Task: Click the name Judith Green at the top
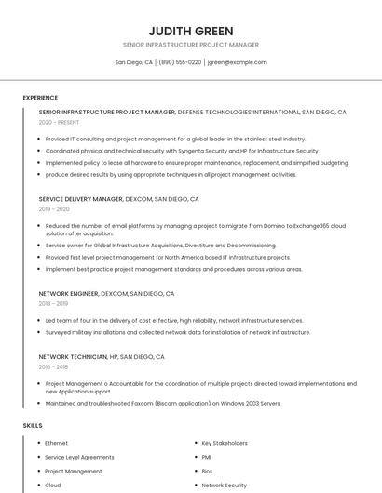pos(191,31)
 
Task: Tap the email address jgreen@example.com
pos(237,62)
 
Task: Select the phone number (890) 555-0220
pos(180,62)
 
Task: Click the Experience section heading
pos(40,98)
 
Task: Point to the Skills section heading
pos(33,425)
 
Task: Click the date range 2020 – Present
pos(60,122)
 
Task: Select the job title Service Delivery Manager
pos(81,199)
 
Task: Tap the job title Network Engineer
pos(68,293)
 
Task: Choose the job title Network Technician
pos(73,356)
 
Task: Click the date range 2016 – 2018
pos(53,366)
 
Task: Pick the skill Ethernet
pos(57,443)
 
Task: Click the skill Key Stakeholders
pos(225,443)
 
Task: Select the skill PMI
pos(207,457)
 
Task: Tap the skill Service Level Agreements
pos(80,457)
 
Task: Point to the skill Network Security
pos(224,485)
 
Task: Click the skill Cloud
pos(53,485)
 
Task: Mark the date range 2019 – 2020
pos(54,209)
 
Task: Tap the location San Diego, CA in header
pos(134,62)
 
